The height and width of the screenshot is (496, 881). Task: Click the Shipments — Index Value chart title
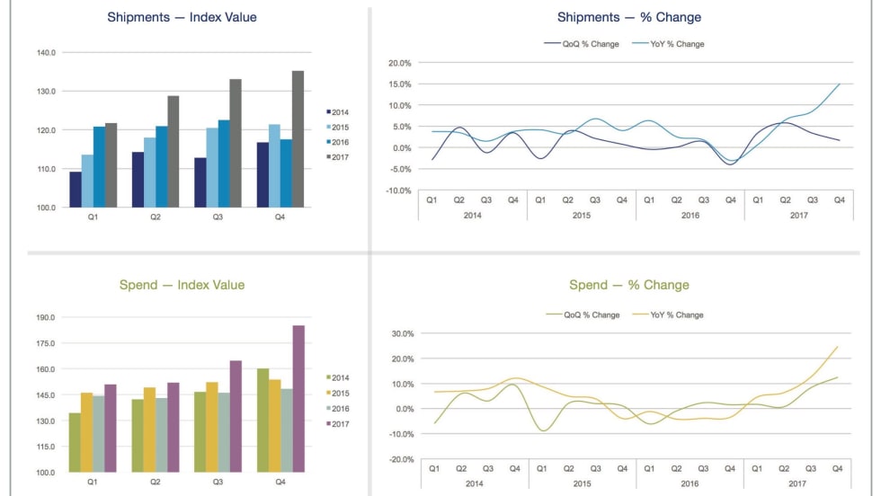coord(182,18)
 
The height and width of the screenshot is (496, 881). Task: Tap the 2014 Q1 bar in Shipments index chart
coord(76,190)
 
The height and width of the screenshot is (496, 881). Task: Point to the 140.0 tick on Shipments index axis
coord(46,53)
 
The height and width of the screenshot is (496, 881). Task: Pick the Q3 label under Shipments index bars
coord(217,217)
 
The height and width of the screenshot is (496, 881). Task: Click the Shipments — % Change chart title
coord(628,18)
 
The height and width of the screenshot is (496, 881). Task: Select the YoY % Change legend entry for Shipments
coord(670,44)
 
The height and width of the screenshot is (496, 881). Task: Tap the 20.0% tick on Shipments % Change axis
coord(399,64)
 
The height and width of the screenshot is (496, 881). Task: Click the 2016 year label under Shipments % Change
coord(690,216)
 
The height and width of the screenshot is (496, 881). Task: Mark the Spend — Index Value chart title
coord(182,286)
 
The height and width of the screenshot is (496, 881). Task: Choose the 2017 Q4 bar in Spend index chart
coord(298,398)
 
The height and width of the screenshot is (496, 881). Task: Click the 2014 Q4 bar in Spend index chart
coord(263,420)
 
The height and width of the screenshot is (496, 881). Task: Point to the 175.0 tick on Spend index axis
coord(46,343)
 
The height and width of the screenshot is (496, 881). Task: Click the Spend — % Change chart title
coord(628,286)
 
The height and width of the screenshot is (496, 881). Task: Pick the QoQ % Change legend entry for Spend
coord(585,315)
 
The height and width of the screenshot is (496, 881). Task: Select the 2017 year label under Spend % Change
coord(797,483)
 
